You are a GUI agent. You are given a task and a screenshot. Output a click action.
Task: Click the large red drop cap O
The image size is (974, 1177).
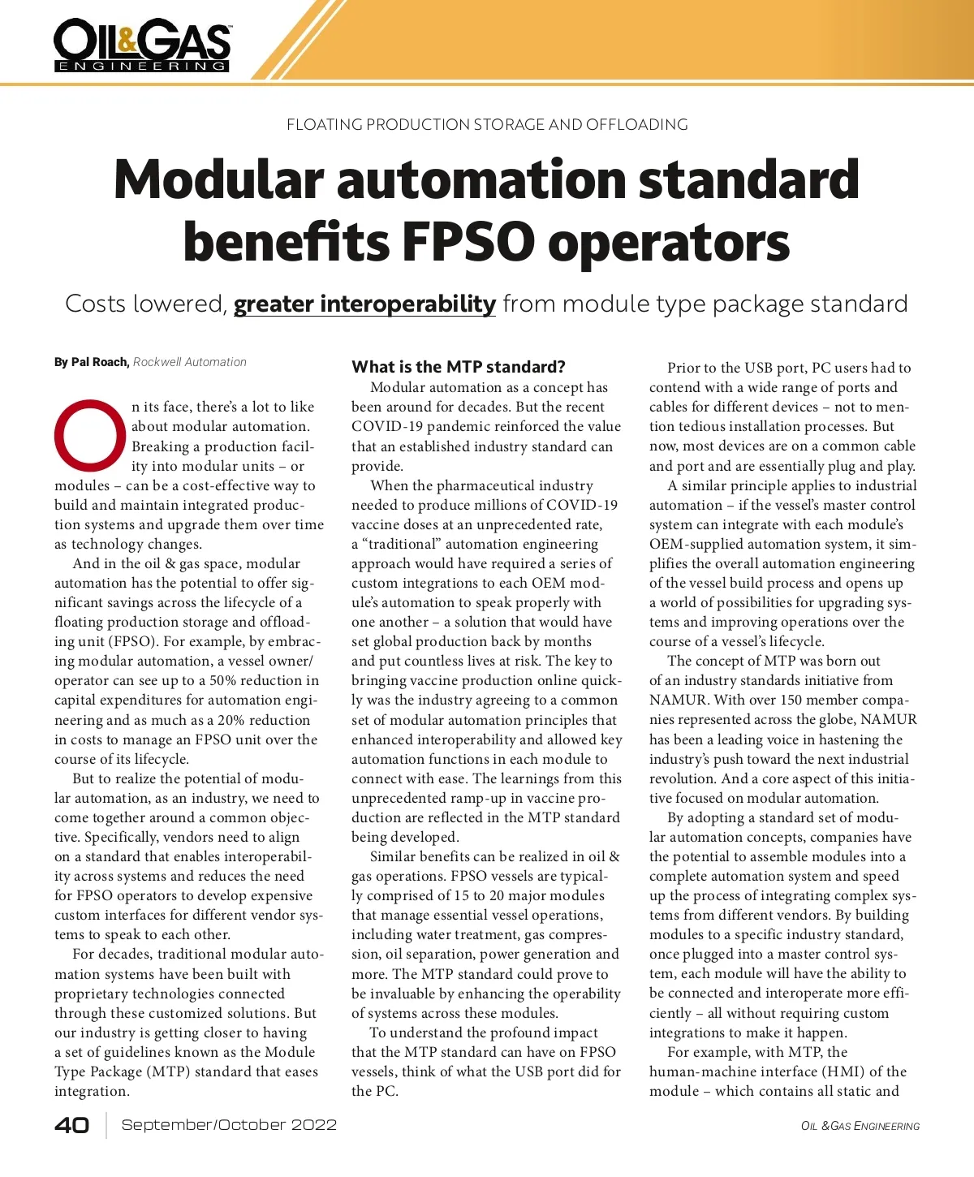click(x=90, y=435)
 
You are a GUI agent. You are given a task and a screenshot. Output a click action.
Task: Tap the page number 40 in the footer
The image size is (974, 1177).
click(x=71, y=1125)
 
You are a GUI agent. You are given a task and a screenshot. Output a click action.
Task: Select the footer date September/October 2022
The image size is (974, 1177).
click(x=229, y=1125)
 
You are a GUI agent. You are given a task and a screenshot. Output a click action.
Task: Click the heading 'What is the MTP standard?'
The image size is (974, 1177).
click(x=459, y=367)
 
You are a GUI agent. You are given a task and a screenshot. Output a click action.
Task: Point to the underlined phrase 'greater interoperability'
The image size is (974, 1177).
click(x=364, y=304)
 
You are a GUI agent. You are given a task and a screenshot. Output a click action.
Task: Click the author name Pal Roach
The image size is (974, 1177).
click(x=100, y=362)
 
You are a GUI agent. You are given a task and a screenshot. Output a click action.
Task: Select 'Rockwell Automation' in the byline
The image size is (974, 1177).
click(x=190, y=362)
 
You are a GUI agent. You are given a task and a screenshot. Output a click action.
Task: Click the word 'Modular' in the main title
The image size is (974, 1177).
click(x=219, y=180)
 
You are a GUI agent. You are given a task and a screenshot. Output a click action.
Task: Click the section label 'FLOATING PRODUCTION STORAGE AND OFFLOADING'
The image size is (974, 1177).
click(x=487, y=125)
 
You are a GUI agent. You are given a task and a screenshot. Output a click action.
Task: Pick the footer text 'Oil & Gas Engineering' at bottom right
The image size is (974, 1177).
click(x=860, y=1126)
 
